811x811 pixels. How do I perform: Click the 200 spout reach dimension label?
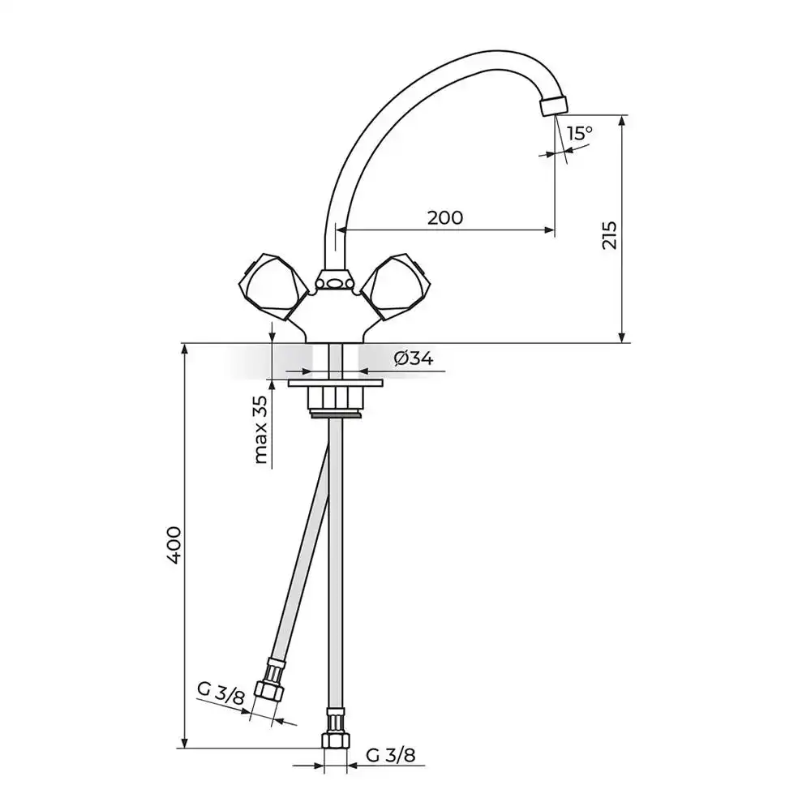click(x=444, y=217)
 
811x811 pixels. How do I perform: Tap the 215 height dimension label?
click(x=610, y=235)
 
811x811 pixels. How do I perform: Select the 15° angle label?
click(x=579, y=133)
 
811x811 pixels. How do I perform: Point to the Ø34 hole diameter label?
click(x=414, y=358)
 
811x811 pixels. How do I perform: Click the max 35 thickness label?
click(x=262, y=429)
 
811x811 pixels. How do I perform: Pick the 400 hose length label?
click(x=174, y=545)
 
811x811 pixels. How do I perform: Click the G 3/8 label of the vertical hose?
click(x=391, y=756)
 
